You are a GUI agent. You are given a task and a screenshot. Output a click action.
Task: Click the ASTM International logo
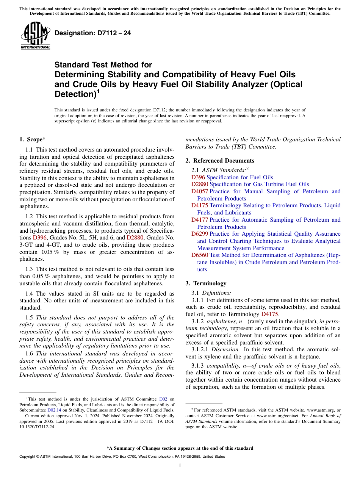coord(35,36)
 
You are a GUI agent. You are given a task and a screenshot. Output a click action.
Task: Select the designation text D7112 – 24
coord(93,33)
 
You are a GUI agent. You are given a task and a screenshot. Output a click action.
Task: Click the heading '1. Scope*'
coord(33,140)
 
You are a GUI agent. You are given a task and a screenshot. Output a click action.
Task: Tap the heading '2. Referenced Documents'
coord(220,161)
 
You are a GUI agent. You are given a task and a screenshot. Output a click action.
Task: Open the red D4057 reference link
coord(200,191)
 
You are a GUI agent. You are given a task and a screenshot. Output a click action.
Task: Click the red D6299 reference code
coord(200,234)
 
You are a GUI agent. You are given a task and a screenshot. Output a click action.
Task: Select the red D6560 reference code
coord(200,255)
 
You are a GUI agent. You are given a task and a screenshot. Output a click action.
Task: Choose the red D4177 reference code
coord(200,220)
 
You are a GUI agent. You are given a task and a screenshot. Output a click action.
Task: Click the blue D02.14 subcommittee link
coord(54,410)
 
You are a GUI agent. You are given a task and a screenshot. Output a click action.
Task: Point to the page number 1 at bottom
coord(180,466)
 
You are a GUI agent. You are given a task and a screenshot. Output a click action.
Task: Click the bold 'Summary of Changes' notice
coord(180,448)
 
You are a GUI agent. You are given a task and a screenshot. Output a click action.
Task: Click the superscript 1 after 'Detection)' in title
coord(98,91)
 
